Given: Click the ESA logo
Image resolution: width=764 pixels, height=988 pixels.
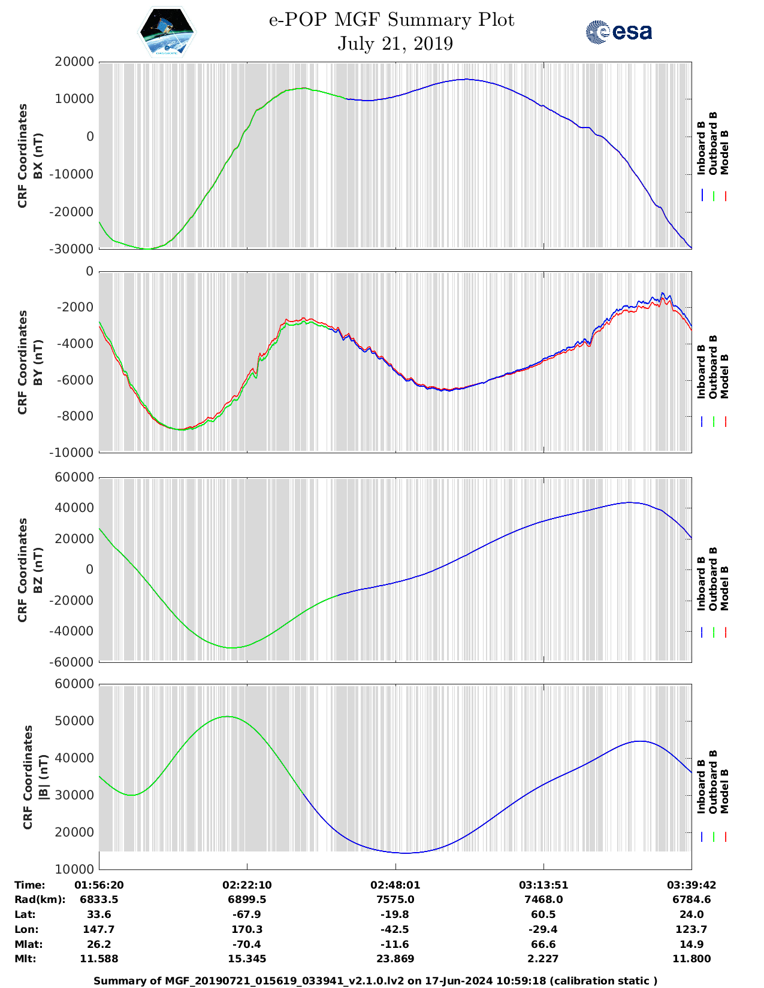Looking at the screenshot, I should [x=619, y=32].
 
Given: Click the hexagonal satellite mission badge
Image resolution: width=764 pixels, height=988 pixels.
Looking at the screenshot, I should [x=167, y=31].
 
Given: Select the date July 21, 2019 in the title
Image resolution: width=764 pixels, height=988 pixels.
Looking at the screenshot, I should [x=395, y=44].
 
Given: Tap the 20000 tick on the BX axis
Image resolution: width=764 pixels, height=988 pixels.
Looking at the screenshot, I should [x=74, y=62].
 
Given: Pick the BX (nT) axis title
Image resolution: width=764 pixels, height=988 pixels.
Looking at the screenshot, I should [x=38, y=156].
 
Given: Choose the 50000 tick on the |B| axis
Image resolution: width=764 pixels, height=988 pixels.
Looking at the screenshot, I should [x=74, y=721].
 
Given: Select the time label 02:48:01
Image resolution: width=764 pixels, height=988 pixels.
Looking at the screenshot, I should [x=395, y=885].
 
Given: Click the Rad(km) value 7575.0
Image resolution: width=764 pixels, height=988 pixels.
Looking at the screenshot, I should [x=395, y=899].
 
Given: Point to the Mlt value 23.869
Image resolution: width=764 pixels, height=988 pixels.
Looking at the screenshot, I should [x=395, y=959].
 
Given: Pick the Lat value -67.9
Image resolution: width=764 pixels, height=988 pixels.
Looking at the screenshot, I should [x=247, y=914].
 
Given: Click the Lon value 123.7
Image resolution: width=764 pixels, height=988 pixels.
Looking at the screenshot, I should [x=691, y=929].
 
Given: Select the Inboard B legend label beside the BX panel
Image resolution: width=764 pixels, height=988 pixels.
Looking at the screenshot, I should [x=701, y=148].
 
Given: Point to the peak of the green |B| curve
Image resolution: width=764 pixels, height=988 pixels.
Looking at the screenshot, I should [x=227, y=716].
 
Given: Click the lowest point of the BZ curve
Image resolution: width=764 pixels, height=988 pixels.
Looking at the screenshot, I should [x=232, y=647].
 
